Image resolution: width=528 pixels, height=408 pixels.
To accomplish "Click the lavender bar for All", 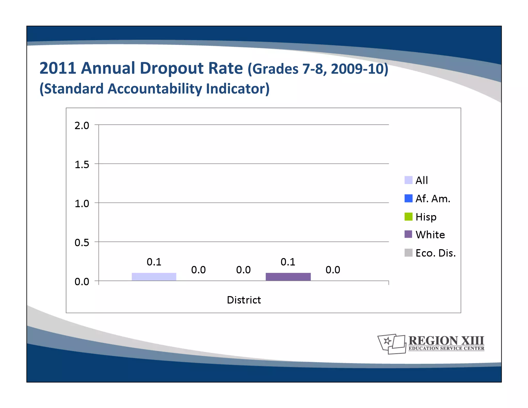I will tap(154, 276).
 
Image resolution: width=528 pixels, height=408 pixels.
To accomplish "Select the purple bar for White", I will tap(288, 276).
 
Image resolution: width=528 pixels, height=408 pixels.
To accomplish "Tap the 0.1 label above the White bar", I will tap(288, 262).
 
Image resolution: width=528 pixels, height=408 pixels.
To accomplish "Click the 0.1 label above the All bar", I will tap(154, 262).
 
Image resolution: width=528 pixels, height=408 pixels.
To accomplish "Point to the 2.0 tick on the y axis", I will tap(82, 126).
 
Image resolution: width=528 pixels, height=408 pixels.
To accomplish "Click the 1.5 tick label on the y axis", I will tap(82, 165).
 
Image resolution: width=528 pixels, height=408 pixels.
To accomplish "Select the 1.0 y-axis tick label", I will tap(82, 204).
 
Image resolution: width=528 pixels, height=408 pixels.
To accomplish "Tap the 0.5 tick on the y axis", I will tap(82, 243).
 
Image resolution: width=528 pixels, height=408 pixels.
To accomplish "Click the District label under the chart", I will tap(244, 300).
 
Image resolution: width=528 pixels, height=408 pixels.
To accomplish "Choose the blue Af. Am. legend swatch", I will tap(408, 198).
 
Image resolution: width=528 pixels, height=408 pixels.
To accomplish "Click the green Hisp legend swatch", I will tap(408, 217).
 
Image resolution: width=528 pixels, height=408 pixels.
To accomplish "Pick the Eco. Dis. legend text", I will tap(435, 253).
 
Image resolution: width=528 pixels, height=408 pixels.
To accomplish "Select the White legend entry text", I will tap(430, 235).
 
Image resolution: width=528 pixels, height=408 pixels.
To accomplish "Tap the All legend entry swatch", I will tap(408, 180).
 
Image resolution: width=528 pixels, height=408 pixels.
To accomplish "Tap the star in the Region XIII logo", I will tap(387, 341).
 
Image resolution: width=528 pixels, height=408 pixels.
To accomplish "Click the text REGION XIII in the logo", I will tap(446, 340).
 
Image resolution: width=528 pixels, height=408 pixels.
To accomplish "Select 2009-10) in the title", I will tap(359, 69).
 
